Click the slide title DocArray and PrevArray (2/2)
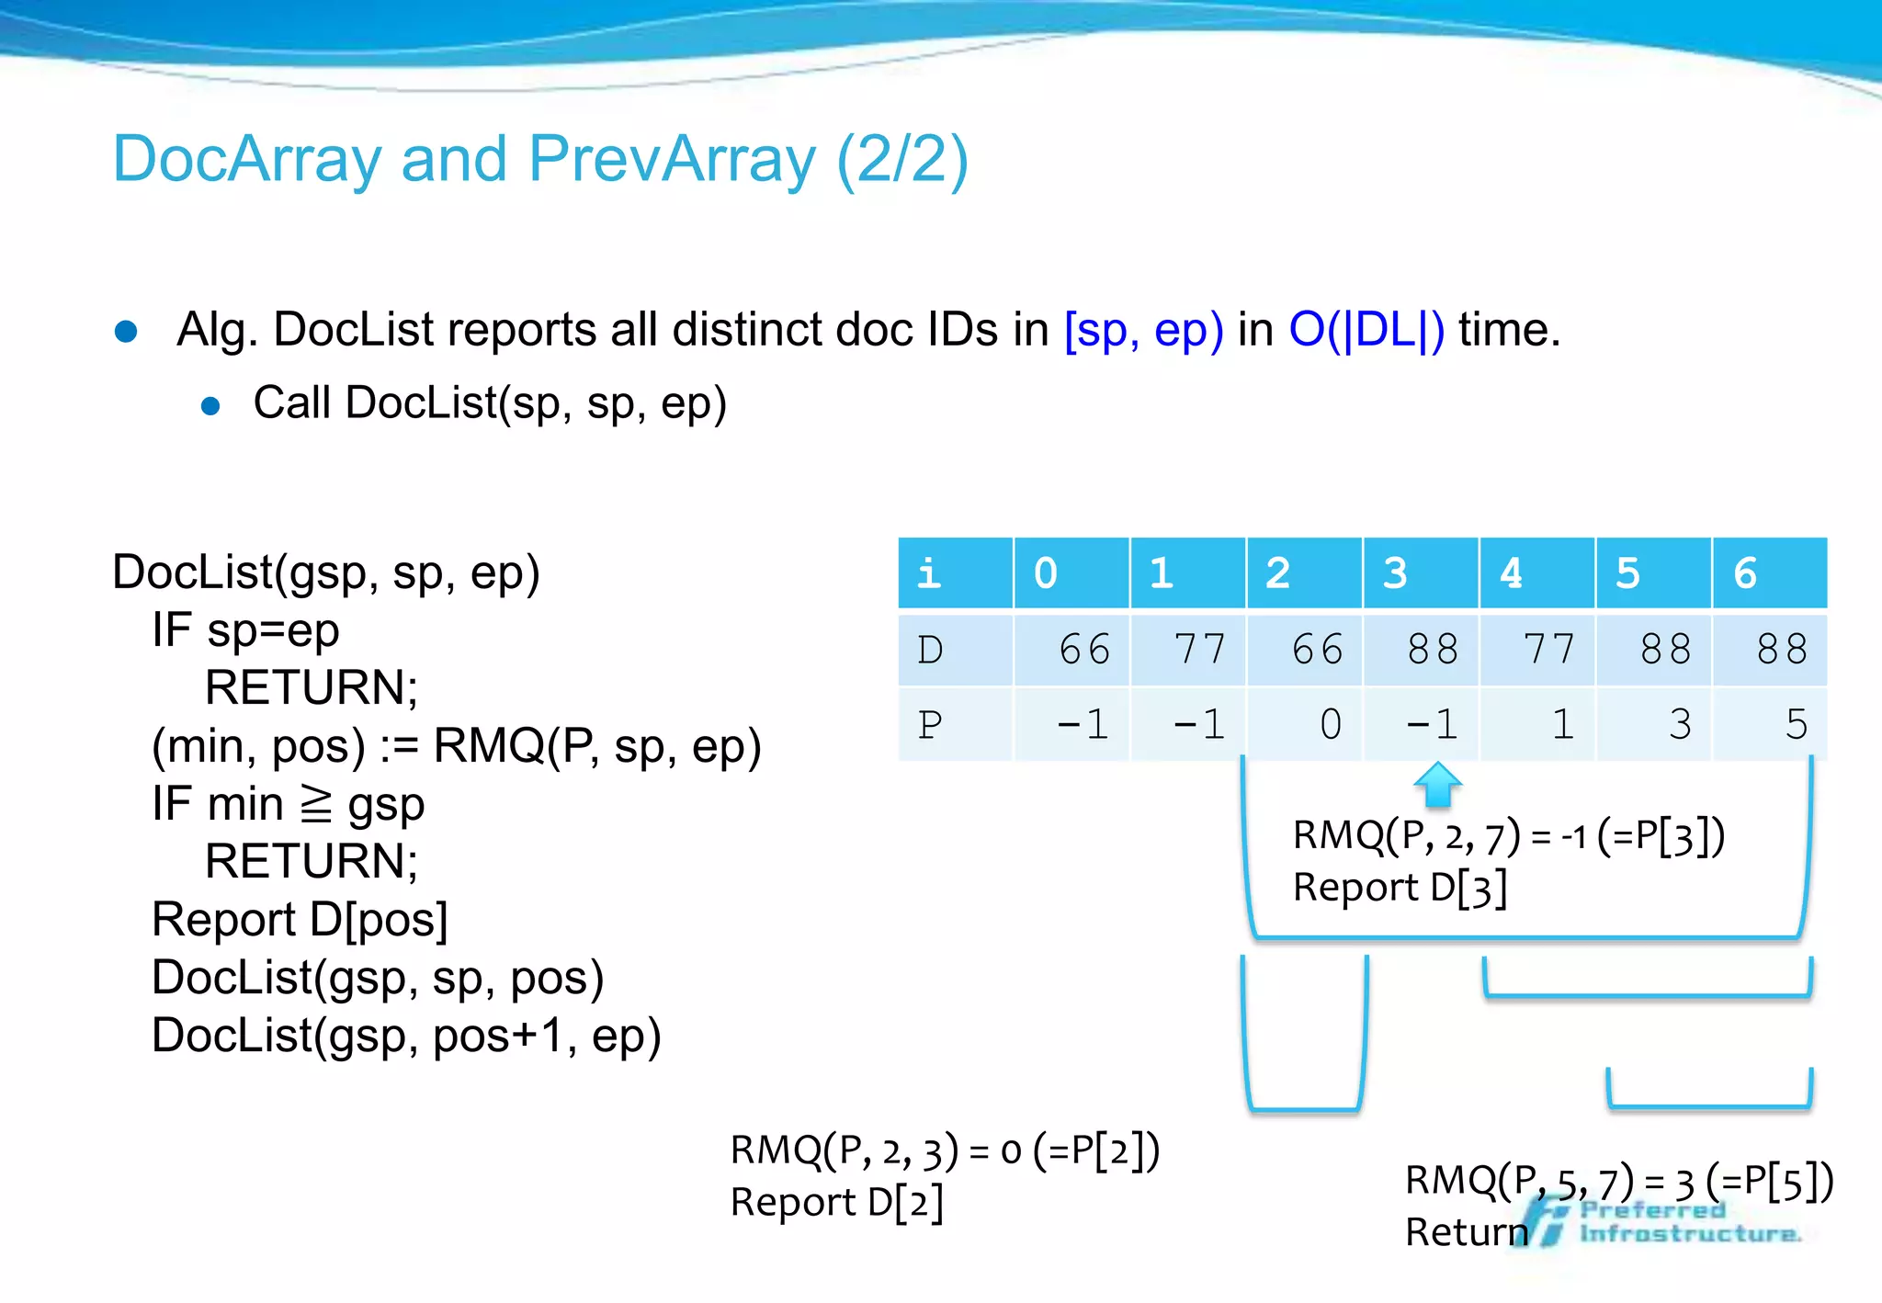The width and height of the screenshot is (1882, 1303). (x=540, y=160)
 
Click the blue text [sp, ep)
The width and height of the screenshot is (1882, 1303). (x=1143, y=330)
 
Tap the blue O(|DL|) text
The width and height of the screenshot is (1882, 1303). (x=1366, y=330)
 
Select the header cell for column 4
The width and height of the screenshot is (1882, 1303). (x=1536, y=573)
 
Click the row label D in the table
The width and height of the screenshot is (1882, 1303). (x=930, y=650)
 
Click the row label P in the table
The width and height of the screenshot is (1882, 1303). (x=930, y=725)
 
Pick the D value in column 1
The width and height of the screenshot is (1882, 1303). (x=1200, y=650)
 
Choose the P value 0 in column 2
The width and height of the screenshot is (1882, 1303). (x=1330, y=725)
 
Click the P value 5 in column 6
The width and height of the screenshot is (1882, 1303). (x=1796, y=725)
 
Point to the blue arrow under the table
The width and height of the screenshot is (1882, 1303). (x=1437, y=785)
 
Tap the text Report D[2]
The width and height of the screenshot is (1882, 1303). (x=836, y=1203)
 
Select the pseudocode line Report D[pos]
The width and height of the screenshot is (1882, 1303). (x=300, y=920)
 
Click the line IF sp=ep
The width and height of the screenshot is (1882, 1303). (x=245, y=631)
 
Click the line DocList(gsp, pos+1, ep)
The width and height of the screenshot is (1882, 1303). (x=406, y=1036)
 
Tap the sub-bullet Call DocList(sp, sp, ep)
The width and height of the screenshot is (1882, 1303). (x=490, y=403)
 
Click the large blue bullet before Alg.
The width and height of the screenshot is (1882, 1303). (x=126, y=332)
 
